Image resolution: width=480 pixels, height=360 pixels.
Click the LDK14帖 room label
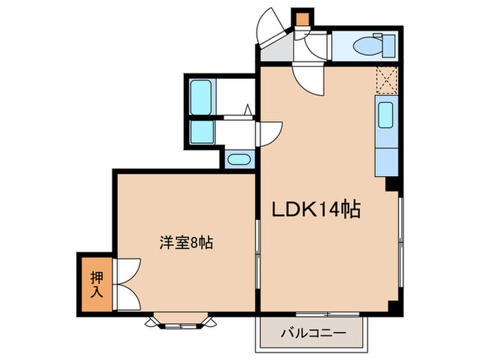319,209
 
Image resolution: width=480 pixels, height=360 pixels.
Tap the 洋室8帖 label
187,242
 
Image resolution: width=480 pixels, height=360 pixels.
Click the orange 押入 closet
97,282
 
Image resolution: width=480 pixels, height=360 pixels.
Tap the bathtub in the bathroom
201,97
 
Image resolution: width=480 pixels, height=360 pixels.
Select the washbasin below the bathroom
239,160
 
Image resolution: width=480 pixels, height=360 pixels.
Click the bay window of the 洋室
180,319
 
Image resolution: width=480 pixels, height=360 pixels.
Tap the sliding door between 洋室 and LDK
258,257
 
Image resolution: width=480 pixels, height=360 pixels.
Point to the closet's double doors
127,282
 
